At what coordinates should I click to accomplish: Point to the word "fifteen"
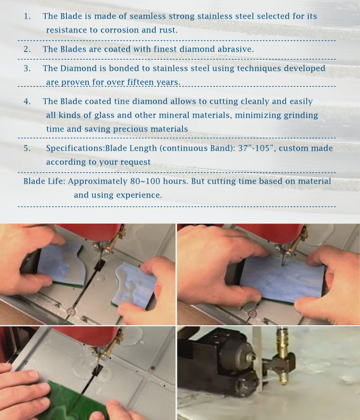click(x=140, y=82)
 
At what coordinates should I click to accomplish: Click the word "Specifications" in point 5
click(x=74, y=149)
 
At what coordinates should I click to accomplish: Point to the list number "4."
click(x=27, y=101)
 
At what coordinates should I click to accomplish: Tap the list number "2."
click(x=27, y=50)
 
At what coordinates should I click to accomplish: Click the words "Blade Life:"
click(x=45, y=182)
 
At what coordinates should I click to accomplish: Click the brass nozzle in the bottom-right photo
click(x=283, y=353)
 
